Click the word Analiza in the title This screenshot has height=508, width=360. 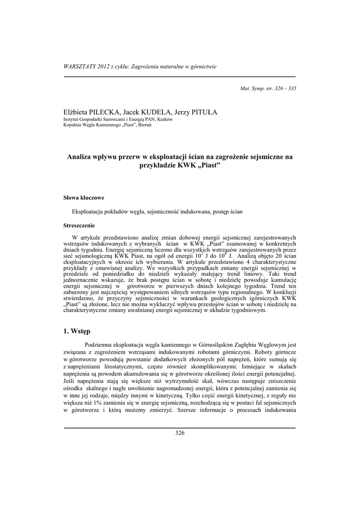[x=81, y=157]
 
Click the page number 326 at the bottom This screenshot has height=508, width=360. [x=180, y=433]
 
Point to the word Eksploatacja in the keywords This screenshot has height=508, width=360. [x=88, y=211]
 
